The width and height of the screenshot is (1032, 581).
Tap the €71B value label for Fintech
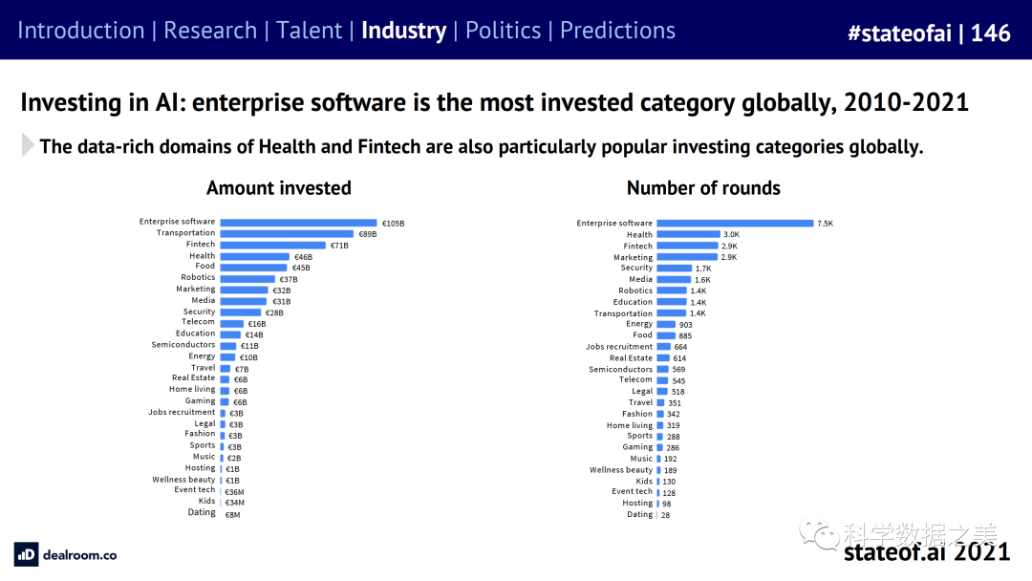pyautogui.click(x=340, y=246)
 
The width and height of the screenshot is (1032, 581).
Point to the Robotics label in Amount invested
pyautogui.click(x=198, y=278)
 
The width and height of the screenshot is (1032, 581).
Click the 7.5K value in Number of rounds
pyautogui.click(x=825, y=224)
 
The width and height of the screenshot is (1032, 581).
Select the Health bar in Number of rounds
pyautogui.click(x=688, y=234)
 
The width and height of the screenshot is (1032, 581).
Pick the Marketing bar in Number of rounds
pyautogui.click(x=687, y=257)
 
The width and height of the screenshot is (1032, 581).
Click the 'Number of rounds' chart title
pyautogui.click(x=703, y=188)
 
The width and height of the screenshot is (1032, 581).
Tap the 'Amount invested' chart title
pyautogui.click(x=279, y=188)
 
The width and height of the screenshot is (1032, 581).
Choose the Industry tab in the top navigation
pyautogui.click(x=403, y=31)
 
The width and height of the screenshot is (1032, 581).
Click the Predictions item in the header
pyautogui.click(x=617, y=31)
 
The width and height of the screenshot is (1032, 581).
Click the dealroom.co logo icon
pyautogui.click(x=26, y=554)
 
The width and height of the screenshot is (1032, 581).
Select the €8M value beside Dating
pyautogui.click(x=232, y=514)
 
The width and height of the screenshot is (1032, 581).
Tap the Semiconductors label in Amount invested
pyautogui.click(x=183, y=345)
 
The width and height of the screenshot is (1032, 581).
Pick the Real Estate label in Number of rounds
pyautogui.click(x=631, y=357)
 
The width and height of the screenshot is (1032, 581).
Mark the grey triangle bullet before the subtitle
pyautogui.click(x=28, y=146)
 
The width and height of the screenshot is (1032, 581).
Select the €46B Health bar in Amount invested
pyautogui.click(x=255, y=257)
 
